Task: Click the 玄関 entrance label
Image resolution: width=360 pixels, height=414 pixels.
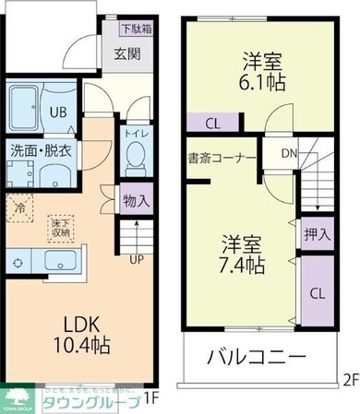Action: pos(127,53)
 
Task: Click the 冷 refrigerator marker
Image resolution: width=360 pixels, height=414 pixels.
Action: pos(19,208)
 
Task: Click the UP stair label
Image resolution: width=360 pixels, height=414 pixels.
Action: pos(135,259)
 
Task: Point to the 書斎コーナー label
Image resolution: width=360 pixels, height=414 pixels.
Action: pos(222,158)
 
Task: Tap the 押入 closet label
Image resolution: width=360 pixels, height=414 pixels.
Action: pos(317,235)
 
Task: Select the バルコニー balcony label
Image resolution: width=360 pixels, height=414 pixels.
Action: pos(256,356)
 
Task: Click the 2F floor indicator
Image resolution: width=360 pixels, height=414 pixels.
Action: pos(349,379)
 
